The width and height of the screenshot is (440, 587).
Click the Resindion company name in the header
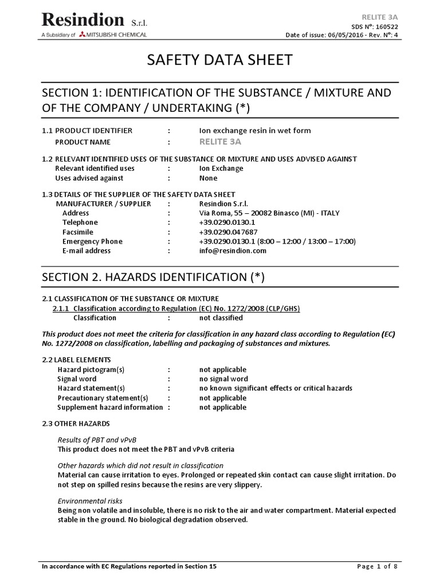[x=82, y=21]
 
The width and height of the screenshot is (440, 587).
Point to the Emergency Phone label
[x=92, y=241]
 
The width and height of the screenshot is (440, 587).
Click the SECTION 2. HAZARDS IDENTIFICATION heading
[x=154, y=277]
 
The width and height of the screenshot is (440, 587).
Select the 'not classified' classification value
[x=221, y=318]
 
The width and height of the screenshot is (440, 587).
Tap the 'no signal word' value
[x=223, y=379]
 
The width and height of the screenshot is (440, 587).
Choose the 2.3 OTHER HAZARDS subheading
[x=76, y=423]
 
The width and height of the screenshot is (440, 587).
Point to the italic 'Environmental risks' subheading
[x=90, y=501]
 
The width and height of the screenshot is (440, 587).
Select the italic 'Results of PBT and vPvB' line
[x=97, y=439]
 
